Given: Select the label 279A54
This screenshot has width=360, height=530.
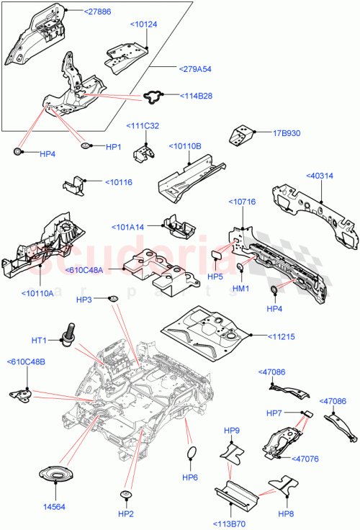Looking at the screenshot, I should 195,69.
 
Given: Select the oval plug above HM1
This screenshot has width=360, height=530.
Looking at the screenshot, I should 240,270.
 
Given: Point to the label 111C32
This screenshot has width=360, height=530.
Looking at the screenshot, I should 144,127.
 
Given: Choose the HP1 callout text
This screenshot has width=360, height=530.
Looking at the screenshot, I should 114,147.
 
